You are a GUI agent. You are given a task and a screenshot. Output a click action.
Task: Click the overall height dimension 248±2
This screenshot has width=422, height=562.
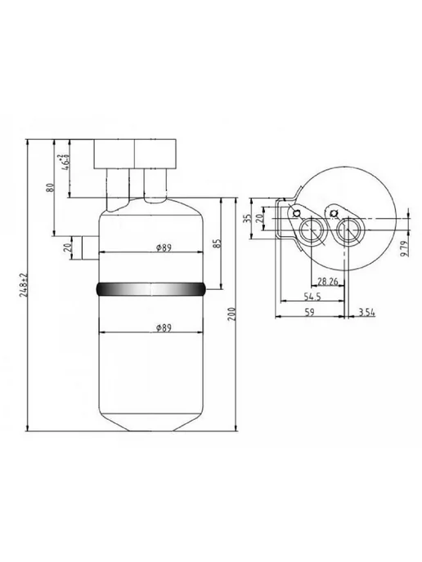pos(24,285)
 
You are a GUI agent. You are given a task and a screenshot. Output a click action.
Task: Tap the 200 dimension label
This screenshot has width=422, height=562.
pos(232,314)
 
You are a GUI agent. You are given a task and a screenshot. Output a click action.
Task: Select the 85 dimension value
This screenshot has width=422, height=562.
pos(218,243)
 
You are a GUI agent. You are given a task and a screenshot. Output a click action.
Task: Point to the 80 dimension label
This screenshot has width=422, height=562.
pos(51,187)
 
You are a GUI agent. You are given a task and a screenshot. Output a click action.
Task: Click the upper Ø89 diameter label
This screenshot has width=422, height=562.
pos(164,248)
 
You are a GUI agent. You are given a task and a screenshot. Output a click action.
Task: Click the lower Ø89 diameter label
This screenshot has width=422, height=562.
pos(164,328)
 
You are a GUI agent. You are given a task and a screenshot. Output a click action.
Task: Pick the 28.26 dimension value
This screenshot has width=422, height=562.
pos(328,282)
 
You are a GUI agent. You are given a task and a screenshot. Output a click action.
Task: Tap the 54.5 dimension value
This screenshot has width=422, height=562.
pos(312,297)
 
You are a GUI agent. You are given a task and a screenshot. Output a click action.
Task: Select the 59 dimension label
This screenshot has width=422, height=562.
pos(309,312)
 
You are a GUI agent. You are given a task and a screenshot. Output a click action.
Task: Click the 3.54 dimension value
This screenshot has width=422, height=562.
pos(366,313)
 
